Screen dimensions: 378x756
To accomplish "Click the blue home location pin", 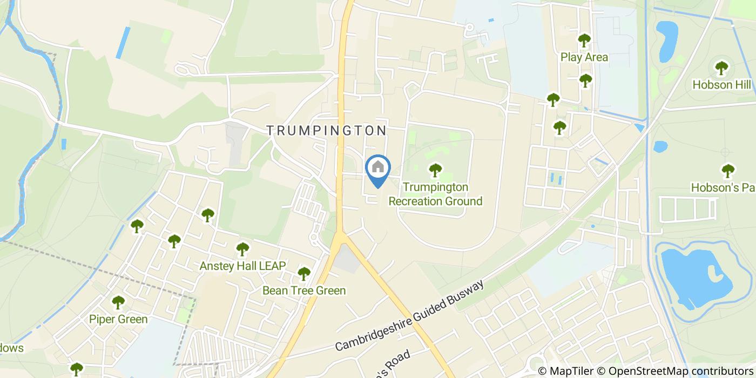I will [x=378, y=169].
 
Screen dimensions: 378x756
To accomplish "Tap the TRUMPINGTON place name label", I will [x=327, y=130].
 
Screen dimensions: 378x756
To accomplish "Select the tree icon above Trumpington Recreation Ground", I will [x=435, y=171].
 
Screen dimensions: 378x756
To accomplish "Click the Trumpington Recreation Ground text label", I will [x=435, y=194].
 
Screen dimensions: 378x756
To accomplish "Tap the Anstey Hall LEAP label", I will [x=242, y=266].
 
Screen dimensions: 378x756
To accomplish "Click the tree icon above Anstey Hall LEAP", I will [x=242, y=249].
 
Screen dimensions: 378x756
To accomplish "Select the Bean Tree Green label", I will [x=304, y=291].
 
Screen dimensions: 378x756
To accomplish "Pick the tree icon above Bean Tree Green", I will [x=304, y=274].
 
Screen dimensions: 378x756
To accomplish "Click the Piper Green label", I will [x=118, y=319].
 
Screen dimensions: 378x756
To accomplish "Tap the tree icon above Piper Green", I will [x=118, y=302].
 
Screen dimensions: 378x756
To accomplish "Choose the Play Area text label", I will [x=584, y=57].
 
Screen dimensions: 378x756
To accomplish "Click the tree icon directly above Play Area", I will [x=584, y=40].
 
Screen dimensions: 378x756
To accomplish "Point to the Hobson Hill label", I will [x=722, y=85].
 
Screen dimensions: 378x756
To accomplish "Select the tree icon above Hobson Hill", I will [x=721, y=68].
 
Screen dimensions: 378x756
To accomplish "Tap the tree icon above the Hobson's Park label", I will [x=728, y=171].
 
